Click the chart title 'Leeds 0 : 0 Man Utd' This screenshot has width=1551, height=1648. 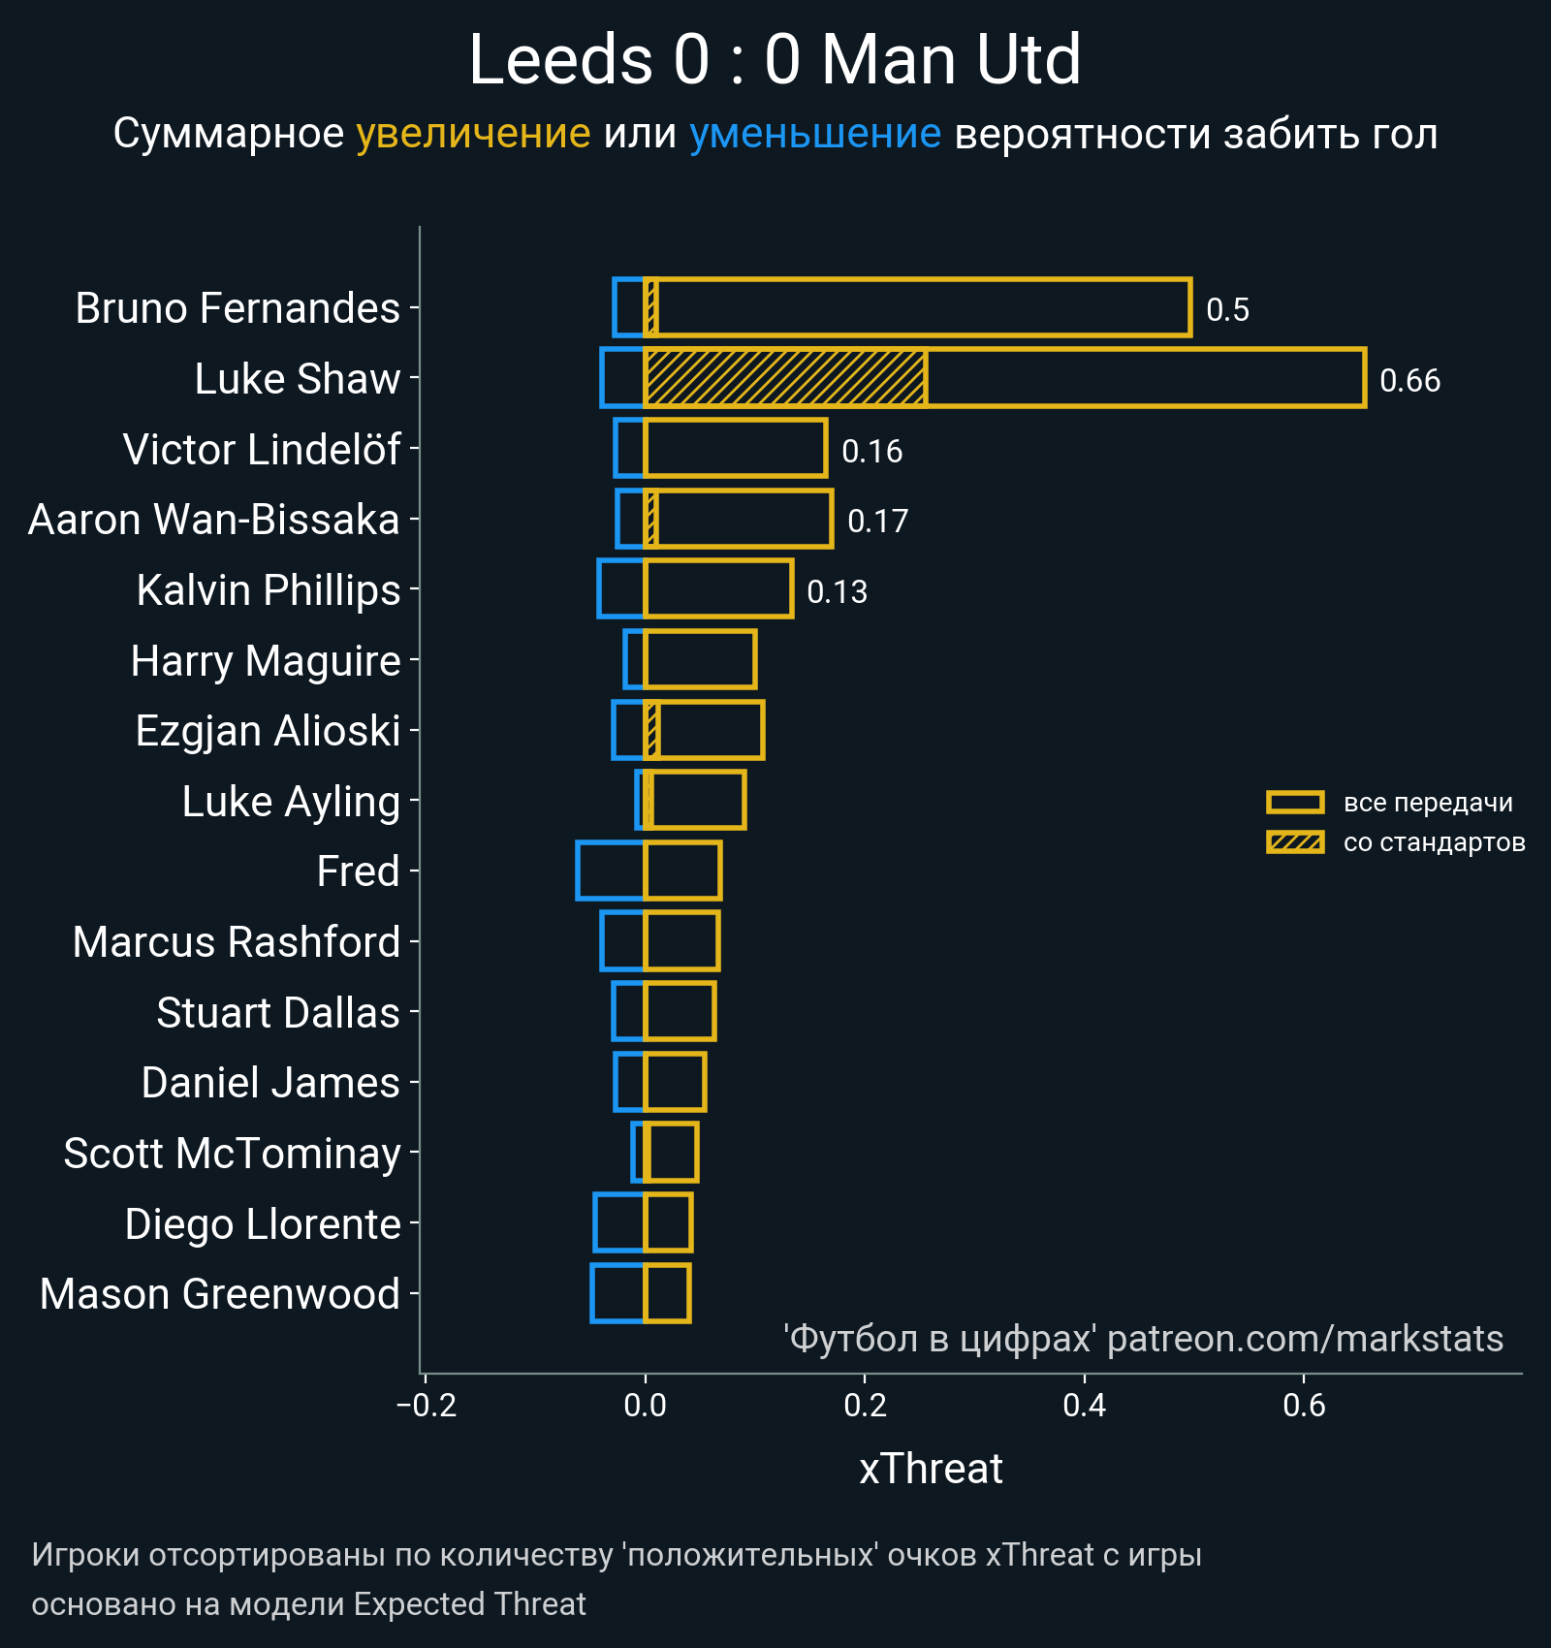[775, 60]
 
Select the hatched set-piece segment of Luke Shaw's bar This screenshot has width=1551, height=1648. [785, 378]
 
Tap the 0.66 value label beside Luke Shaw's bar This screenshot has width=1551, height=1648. [1409, 380]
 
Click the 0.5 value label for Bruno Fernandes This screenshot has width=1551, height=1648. [1227, 310]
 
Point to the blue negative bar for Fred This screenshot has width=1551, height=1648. [611, 871]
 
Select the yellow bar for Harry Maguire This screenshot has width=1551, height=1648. [700, 659]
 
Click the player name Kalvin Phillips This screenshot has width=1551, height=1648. [269, 590]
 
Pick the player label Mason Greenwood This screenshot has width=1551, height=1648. [220, 1294]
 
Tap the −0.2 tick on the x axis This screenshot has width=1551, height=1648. [427, 1405]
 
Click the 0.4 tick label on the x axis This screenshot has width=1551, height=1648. [1084, 1405]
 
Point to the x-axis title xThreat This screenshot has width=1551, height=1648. [931, 1469]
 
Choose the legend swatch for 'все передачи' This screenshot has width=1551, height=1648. [1295, 803]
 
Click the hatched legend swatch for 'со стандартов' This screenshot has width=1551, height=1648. [1295, 842]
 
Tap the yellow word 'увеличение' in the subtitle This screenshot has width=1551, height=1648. [473, 134]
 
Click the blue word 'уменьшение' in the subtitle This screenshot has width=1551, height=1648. [815, 134]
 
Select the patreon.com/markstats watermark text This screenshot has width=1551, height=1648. [1305, 1339]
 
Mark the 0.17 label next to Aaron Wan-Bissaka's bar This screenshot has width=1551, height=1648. [877, 522]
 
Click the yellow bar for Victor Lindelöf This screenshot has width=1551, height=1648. [736, 448]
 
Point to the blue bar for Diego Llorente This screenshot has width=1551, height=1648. [619, 1222]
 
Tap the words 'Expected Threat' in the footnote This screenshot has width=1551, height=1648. [469, 1604]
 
